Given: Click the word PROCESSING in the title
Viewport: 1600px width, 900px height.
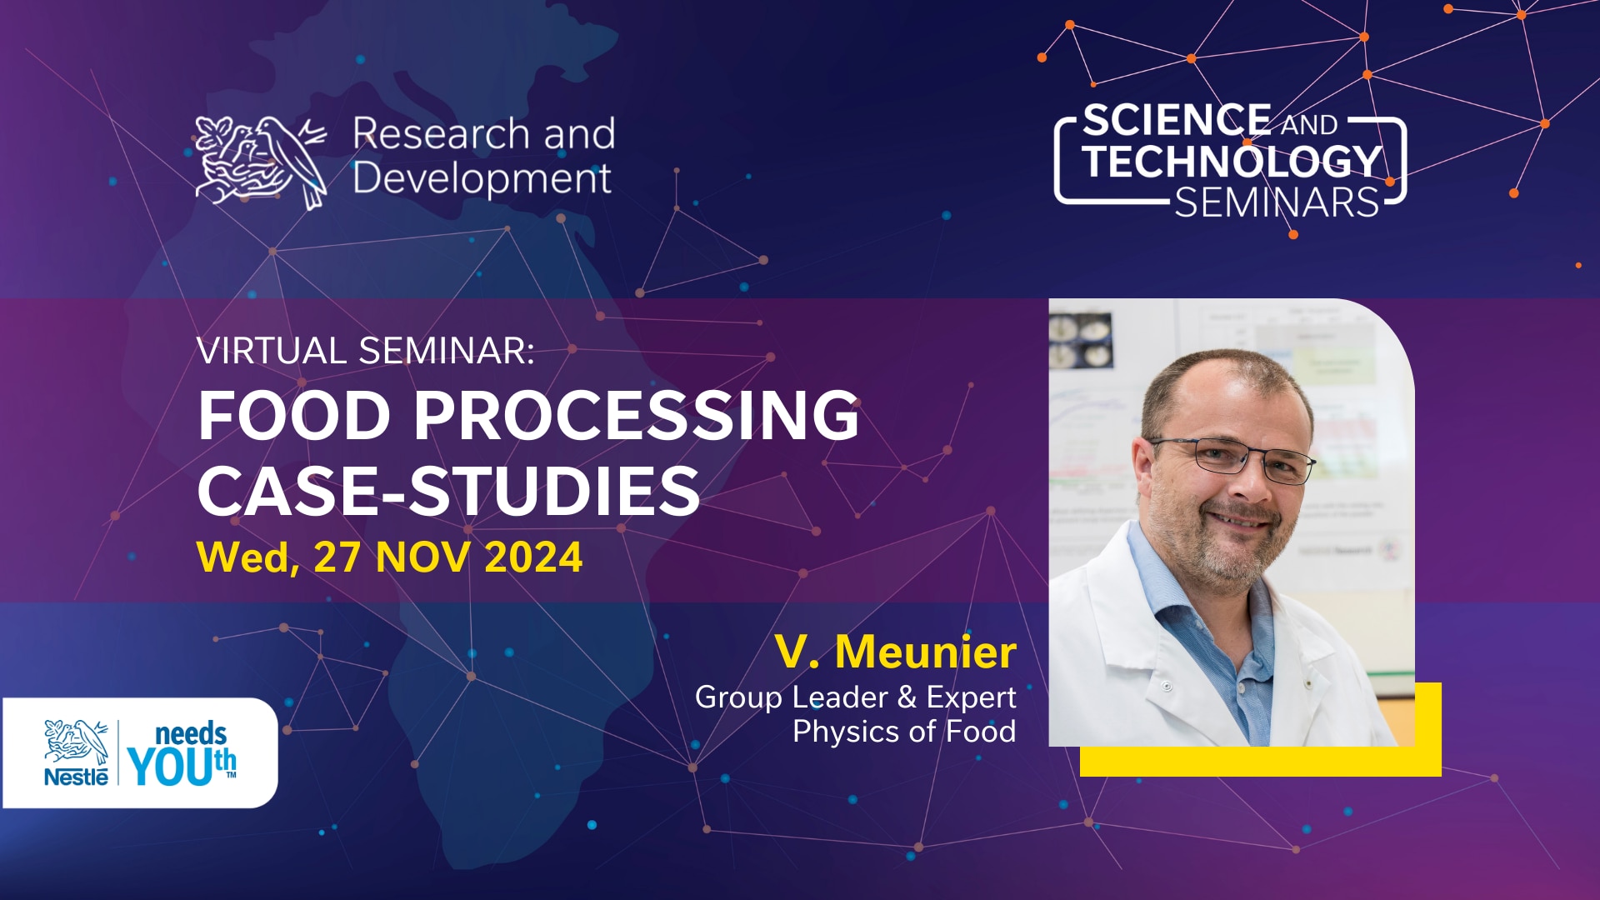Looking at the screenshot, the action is [x=637, y=415].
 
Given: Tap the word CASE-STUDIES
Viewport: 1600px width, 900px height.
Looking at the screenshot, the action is [x=448, y=490].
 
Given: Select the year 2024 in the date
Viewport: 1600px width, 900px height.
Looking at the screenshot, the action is [x=533, y=557].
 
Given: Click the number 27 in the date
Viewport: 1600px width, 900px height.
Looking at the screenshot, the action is [x=337, y=557].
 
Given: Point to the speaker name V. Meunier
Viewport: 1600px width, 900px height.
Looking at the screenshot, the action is [x=896, y=651].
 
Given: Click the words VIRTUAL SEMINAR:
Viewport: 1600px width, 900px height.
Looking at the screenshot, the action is [x=365, y=351].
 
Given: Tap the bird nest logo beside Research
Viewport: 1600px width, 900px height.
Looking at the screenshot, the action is [x=261, y=162].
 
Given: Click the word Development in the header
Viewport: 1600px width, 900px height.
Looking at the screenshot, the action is [x=482, y=178].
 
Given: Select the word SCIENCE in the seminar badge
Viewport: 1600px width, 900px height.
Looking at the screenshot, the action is [x=1177, y=120].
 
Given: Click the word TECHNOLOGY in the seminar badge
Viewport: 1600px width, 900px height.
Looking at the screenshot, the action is [x=1232, y=161].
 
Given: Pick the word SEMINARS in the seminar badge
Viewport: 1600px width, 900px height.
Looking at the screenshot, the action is [x=1277, y=202].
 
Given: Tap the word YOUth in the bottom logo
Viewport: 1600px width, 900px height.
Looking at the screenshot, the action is [x=182, y=766].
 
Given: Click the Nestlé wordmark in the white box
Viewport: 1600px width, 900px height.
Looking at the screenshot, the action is [x=76, y=777].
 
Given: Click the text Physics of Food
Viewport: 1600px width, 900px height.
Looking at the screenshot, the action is [x=904, y=732].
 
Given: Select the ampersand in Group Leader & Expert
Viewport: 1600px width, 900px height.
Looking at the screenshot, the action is [x=907, y=697].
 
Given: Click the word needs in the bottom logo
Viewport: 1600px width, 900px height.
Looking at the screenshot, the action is [x=191, y=734].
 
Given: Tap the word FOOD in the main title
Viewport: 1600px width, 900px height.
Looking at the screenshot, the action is [x=294, y=415].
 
